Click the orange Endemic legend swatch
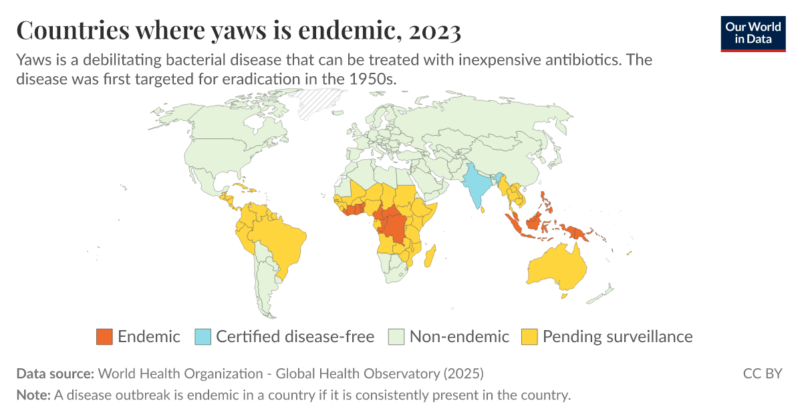[104, 337]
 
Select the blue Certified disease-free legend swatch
[203, 337]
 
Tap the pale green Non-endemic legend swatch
[396, 337]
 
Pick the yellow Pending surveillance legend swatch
[529, 337]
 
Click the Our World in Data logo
[753, 33]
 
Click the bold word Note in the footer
[33, 394]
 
